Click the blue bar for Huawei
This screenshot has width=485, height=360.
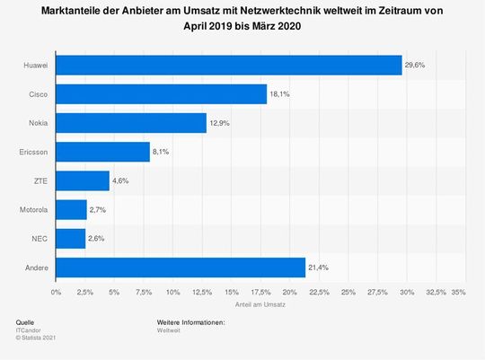(229, 66)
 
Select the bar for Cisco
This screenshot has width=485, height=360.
(162, 94)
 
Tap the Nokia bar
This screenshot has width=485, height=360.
(131, 123)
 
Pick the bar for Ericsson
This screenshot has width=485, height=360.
(103, 152)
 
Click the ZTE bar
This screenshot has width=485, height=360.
(83, 180)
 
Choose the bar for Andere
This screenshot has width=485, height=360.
(181, 267)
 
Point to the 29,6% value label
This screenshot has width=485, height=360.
(415, 66)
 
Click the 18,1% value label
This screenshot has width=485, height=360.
(280, 94)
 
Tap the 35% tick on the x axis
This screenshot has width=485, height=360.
(459, 292)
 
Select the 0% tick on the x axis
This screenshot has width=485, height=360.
(57, 292)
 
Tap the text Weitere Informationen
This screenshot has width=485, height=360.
(190, 321)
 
